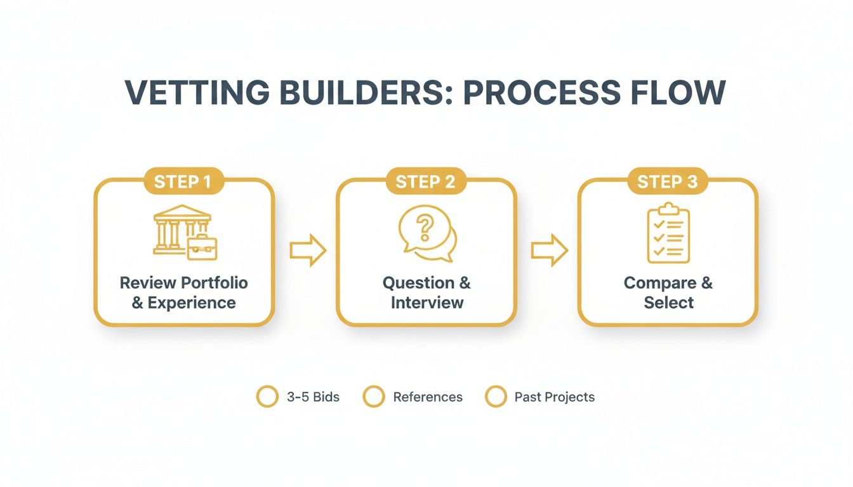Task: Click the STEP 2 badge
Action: pyautogui.click(x=425, y=182)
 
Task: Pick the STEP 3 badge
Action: pyautogui.click(x=667, y=182)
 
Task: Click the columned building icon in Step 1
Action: pyautogui.click(x=178, y=228)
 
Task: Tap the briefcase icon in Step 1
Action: pyautogui.click(x=202, y=247)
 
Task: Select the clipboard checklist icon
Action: pyautogui.click(x=668, y=233)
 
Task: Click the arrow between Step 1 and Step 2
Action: pyautogui.click(x=307, y=251)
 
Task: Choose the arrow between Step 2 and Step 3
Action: pyautogui.click(x=549, y=251)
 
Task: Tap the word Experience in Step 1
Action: pyautogui.click(x=192, y=303)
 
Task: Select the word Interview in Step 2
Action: pyautogui.click(x=427, y=303)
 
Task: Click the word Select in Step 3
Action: pyautogui.click(x=668, y=303)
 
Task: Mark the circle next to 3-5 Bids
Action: pyautogui.click(x=267, y=397)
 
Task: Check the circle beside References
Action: pyautogui.click(x=374, y=397)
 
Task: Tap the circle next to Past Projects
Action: pyautogui.click(x=496, y=397)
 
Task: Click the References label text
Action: pyautogui.click(x=428, y=398)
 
